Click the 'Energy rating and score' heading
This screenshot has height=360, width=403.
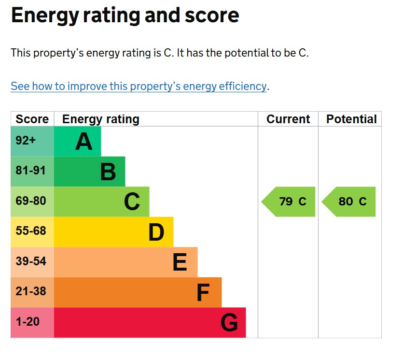tap(125, 16)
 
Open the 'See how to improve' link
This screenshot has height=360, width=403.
tap(139, 86)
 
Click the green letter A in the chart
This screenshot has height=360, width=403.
tap(83, 142)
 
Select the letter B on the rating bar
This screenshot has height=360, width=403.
tap(108, 172)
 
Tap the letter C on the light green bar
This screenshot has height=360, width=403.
tap(132, 202)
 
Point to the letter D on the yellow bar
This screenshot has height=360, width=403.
tap(156, 232)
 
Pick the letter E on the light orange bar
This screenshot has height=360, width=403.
tap(180, 262)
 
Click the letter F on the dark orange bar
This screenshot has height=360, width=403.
tap(203, 293)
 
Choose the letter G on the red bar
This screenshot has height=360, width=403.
tap(229, 323)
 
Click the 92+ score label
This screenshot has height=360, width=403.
tap(26, 141)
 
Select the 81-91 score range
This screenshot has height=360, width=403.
tap(31, 171)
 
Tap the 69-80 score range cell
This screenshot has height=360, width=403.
tap(31, 201)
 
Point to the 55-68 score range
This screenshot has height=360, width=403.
tap(31, 231)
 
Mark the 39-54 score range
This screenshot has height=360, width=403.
tap(31, 261)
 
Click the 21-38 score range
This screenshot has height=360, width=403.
tap(31, 291)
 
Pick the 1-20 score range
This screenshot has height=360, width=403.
tap(28, 321)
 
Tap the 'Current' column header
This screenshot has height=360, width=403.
tap(288, 119)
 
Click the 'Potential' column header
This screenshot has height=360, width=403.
tap(351, 119)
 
